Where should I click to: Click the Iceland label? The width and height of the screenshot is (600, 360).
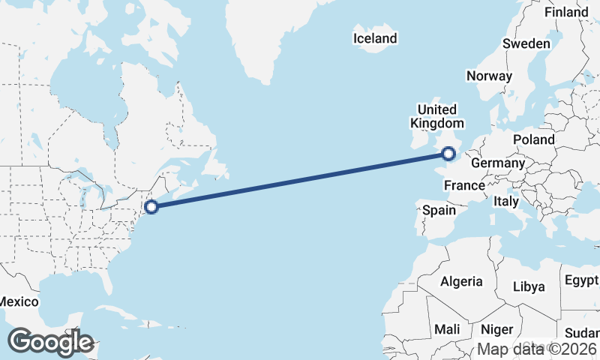tap(376, 38)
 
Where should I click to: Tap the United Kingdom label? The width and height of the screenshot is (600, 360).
tap(436, 116)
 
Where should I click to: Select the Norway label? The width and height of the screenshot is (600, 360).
tap(489, 76)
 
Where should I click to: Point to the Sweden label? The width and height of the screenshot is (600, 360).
tap(526, 43)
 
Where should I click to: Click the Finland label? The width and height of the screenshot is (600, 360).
tap(566, 13)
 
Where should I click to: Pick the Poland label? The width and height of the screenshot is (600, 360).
tap(534, 139)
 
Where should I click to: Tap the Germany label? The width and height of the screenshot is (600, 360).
tap(498, 163)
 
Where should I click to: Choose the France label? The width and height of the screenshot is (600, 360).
tap(465, 185)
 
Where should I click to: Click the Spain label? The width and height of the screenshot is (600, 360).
tap(439, 210)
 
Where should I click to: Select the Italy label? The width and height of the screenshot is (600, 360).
tap(506, 202)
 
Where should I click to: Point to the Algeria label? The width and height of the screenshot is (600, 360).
tap(461, 281)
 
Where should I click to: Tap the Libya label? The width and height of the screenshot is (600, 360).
tap(529, 286)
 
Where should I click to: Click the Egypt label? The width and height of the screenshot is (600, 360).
tap(581, 281)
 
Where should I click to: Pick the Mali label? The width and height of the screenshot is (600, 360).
tap(447, 329)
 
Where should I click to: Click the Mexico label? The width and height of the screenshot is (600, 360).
tap(18, 301)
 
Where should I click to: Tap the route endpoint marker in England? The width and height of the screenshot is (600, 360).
tap(448, 154)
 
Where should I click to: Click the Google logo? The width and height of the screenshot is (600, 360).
tap(50, 342)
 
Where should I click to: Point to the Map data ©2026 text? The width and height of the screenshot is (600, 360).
tap(537, 349)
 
